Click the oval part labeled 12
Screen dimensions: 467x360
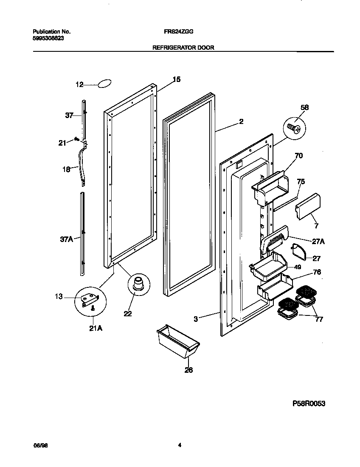click(104, 84)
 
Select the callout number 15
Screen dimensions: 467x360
click(176, 79)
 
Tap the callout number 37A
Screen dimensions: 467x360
click(66, 239)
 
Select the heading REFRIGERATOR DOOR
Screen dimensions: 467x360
click(183, 48)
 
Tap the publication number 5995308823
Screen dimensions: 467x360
click(48, 38)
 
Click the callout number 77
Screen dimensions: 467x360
click(318, 319)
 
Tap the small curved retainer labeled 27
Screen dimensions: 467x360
click(299, 252)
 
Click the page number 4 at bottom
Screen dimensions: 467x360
click(180, 445)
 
